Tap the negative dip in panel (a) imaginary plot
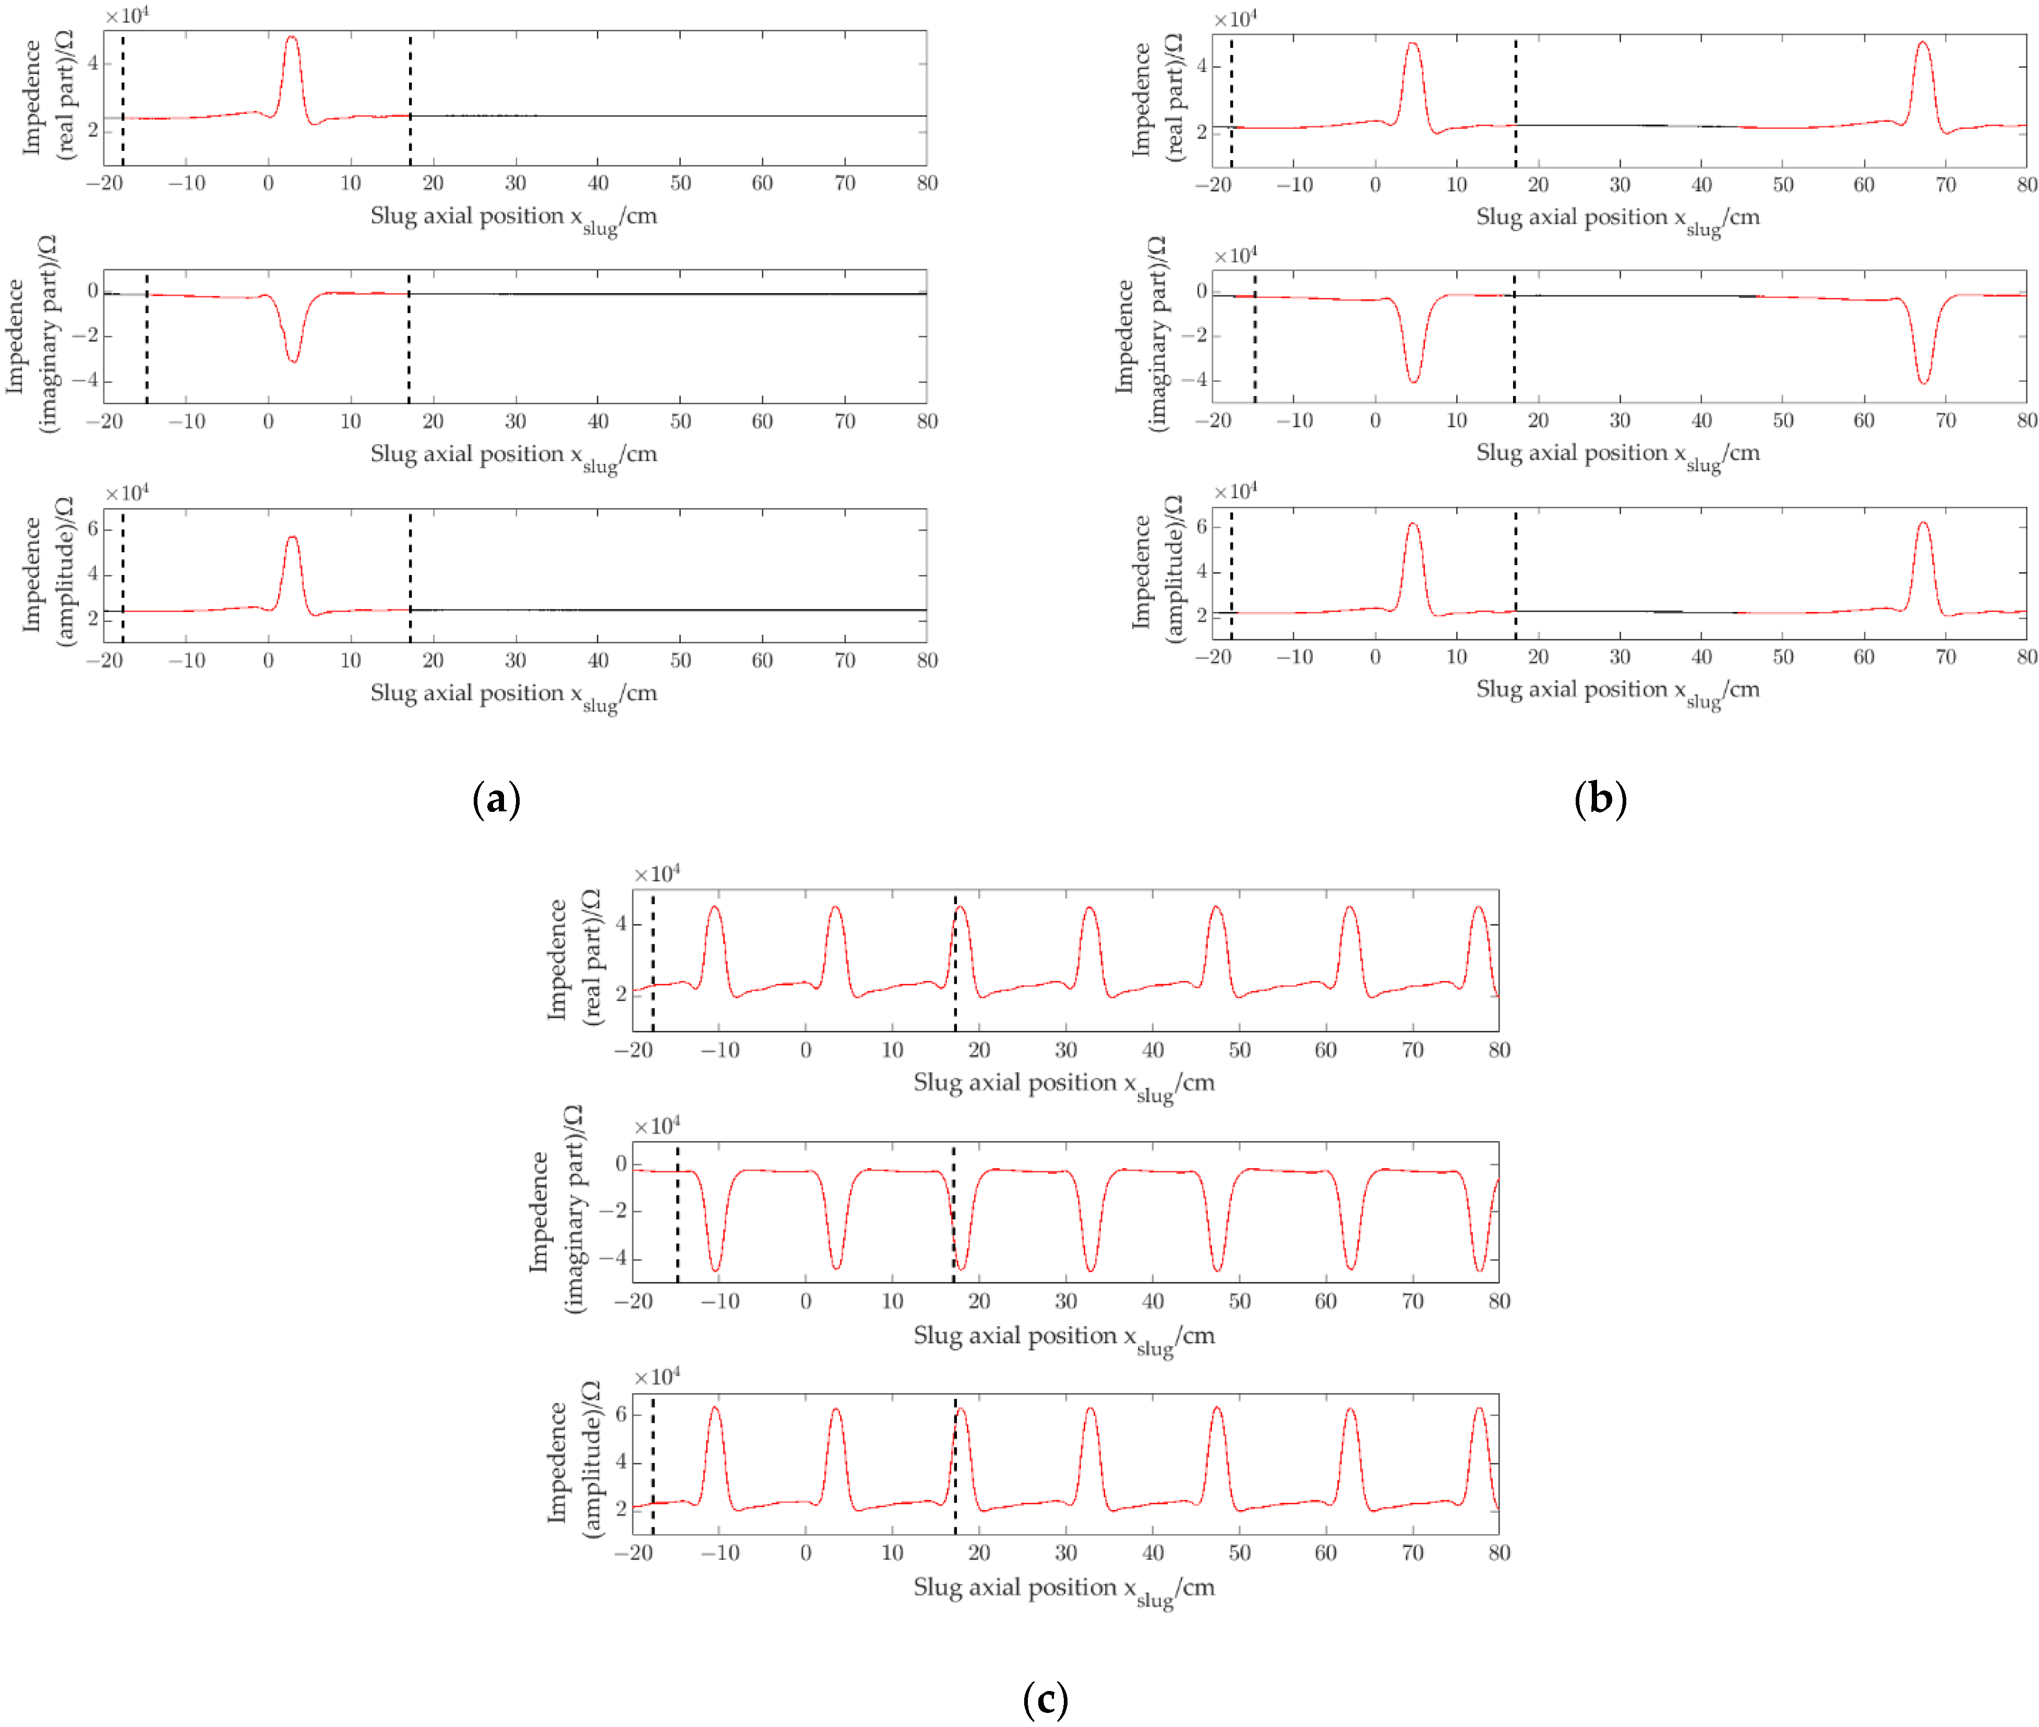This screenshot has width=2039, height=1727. point(293,361)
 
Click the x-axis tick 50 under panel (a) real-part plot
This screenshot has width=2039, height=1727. point(680,183)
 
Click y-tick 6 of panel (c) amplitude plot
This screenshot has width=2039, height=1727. point(620,1414)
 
